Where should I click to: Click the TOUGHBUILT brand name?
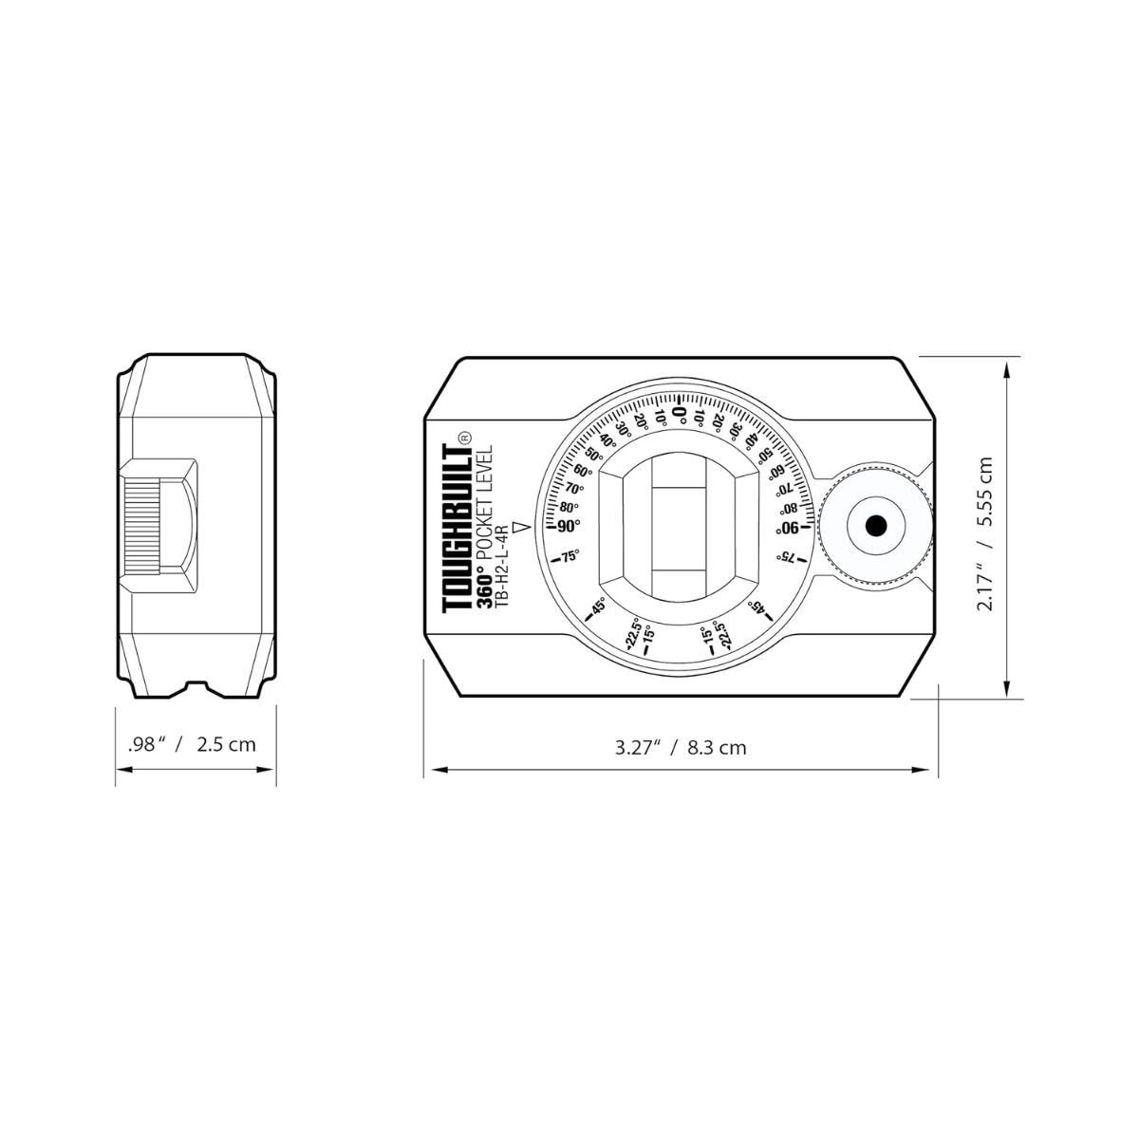(457, 529)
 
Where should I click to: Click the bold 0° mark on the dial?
(680, 412)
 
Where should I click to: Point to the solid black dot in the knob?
(875, 525)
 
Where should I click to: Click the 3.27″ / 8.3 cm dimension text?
(681, 748)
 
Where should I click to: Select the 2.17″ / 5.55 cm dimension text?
(985, 533)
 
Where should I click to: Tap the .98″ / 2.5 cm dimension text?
(192, 744)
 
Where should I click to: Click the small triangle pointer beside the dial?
(520, 527)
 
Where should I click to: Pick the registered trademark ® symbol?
(464, 437)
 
